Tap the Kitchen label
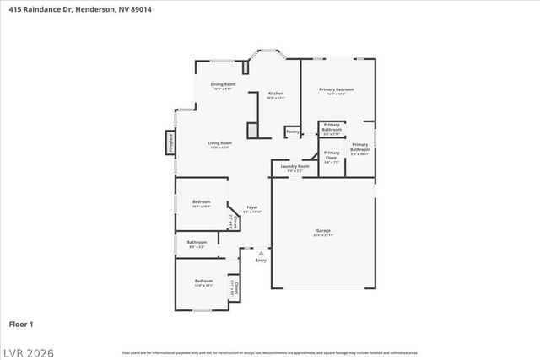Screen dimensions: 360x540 276,94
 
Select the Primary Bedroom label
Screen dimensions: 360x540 336,89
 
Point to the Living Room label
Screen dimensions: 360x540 219,143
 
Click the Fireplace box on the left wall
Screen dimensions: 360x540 170,142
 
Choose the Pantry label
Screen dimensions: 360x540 293,132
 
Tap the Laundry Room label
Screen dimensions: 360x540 295,167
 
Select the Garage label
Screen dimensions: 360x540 322,231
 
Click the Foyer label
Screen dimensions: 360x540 251,207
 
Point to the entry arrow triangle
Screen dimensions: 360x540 261,253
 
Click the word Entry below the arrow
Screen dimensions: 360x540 261,261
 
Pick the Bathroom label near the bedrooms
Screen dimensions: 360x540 196,244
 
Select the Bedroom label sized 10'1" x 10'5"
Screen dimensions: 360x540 201,202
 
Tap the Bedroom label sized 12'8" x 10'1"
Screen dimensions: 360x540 204,282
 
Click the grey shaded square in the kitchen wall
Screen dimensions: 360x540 251,131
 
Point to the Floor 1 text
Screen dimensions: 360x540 21,324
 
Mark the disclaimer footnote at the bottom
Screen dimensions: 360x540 269,352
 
